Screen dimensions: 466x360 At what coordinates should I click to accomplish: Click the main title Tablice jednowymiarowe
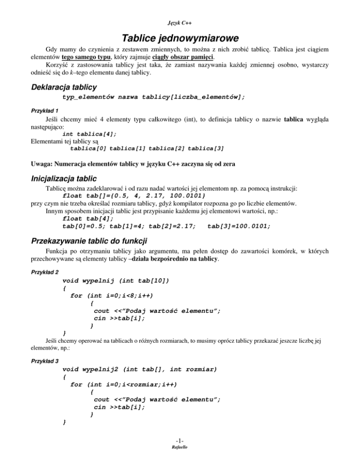pyautogui.click(x=180, y=37)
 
